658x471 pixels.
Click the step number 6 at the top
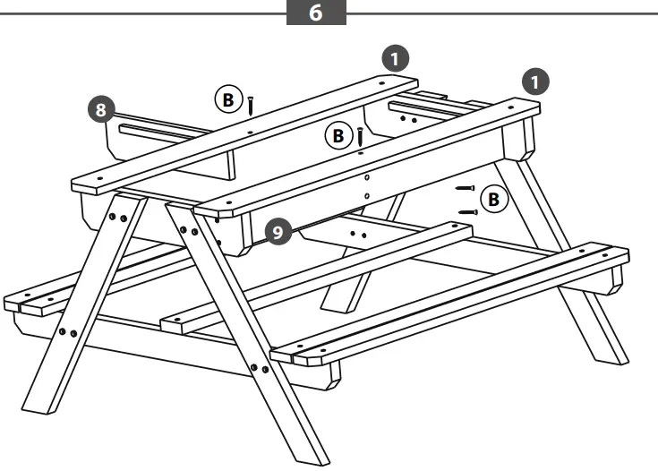click(x=316, y=15)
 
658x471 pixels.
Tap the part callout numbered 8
click(x=104, y=110)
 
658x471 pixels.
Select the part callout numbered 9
click(x=278, y=232)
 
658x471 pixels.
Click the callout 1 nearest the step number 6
click(x=395, y=58)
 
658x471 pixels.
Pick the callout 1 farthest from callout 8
click(x=535, y=82)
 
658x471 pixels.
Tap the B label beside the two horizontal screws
click(x=492, y=200)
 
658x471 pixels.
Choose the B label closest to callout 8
click(x=227, y=100)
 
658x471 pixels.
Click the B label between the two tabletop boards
click(x=338, y=136)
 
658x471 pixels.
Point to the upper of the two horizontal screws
click(x=464, y=188)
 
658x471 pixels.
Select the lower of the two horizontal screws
click(x=467, y=212)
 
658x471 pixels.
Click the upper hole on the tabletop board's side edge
click(x=365, y=176)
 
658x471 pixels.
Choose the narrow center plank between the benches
click(x=313, y=278)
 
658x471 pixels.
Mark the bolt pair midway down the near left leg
click(x=67, y=333)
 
